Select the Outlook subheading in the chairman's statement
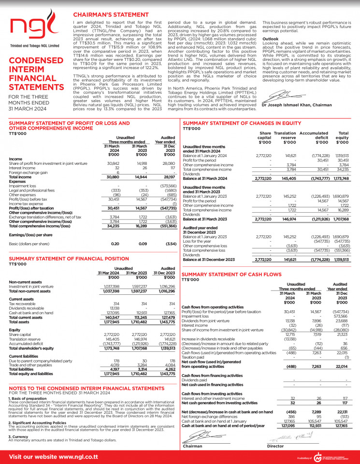pos(270,38)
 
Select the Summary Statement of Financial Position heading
pos(69,259)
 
